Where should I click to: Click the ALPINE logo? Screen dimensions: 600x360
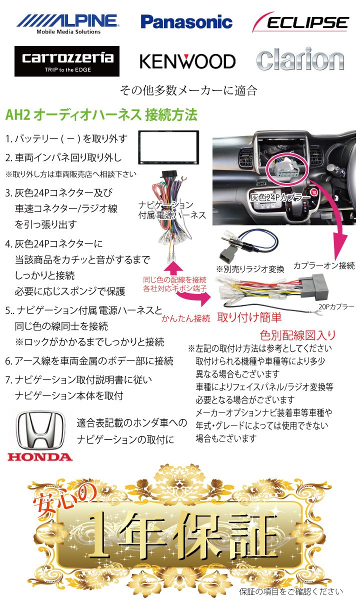(67, 22)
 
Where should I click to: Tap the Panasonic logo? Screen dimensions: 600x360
(186, 22)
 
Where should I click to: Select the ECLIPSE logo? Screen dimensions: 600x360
(300, 22)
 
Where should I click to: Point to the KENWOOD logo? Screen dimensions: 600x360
(187, 61)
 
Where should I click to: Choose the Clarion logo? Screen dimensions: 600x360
(300, 60)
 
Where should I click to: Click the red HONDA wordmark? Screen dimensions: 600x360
(40, 456)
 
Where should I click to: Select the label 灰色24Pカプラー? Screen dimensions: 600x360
(280, 198)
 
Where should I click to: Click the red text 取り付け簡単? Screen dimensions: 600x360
(248, 316)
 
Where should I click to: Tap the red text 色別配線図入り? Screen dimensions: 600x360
(297, 334)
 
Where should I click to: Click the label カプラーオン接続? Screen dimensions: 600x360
(324, 265)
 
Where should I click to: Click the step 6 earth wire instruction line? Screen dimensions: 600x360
(90, 360)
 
